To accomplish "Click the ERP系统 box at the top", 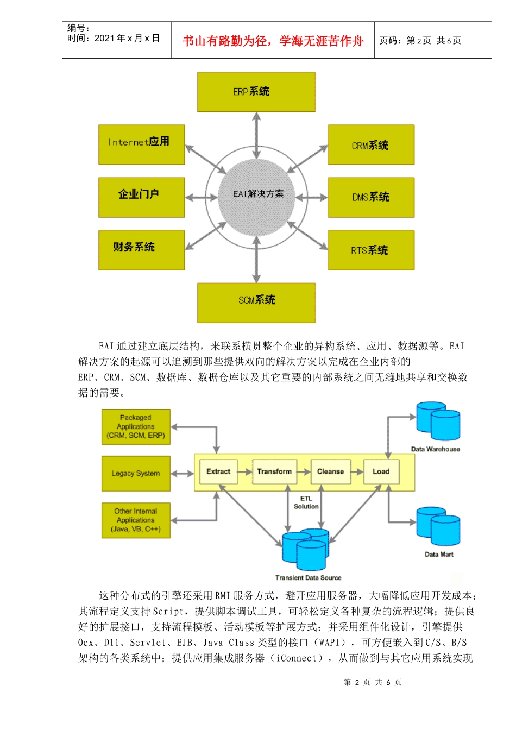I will pos(256,92).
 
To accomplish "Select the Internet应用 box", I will pos(141,144).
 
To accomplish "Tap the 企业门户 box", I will pos(141,197).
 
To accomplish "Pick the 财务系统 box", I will pos(141,250).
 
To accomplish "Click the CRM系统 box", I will pos(371,144).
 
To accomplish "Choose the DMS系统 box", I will pos(371,197).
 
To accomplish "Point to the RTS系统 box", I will pos(371,250).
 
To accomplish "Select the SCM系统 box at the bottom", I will pos(256,303).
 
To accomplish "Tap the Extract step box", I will pos(218,471).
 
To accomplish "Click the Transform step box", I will pos(274,471).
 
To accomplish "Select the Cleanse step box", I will pos(330,471).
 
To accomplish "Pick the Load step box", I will pos(381,471).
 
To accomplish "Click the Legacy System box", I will pos(136,474).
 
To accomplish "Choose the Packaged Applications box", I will pos(136,427).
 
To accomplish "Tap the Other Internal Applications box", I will pos(136,520).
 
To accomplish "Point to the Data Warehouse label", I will pos(435,449).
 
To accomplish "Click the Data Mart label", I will pos(439,555).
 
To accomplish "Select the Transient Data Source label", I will pos(308,578).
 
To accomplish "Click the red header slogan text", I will pos(273,41).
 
